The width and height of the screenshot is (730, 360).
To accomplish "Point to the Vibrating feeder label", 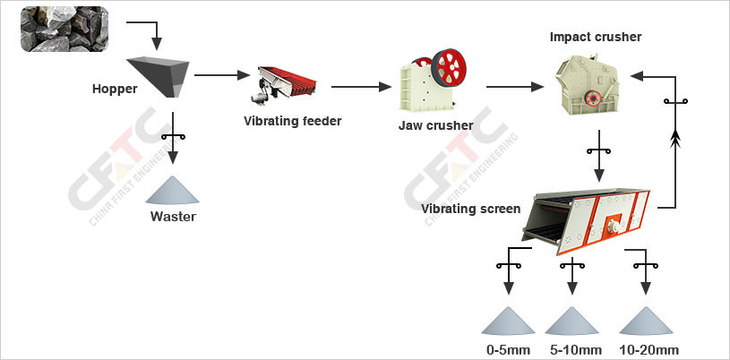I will [x=293, y=120].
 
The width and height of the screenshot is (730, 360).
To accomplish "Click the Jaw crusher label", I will [x=435, y=124].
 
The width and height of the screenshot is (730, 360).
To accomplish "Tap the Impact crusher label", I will [x=595, y=37].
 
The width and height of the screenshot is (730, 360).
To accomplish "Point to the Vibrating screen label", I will [x=470, y=209].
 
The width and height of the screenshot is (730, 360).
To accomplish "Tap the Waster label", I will [x=173, y=216].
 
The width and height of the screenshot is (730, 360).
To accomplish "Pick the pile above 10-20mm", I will [x=644, y=321].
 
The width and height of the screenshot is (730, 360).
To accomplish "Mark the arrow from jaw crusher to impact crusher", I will [x=515, y=87].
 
